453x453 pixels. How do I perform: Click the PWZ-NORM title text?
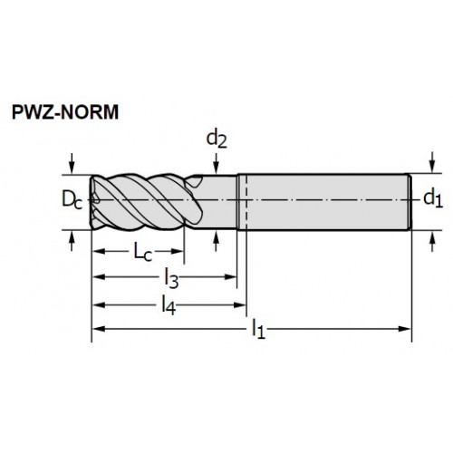pyautogui.click(x=65, y=112)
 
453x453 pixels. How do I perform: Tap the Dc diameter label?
pyautogui.click(x=72, y=199)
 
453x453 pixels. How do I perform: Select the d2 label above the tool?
pyautogui.click(x=217, y=140)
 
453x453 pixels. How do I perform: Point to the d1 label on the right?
pyautogui.click(x=433, y=198)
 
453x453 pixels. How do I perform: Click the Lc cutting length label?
pyautogui.click(x=142, y=252)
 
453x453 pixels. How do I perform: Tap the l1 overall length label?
pyautogui.click(x=258, y=330)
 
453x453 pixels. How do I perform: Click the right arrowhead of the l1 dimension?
pyautogui.click(x=405, y=329)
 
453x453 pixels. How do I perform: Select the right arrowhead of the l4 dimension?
pyautogui.click(x=240, y=305)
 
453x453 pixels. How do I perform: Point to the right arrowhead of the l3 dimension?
pyautogui.click(x=230, y=277)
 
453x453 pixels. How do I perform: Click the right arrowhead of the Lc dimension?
pyautogui.click(x=178, y=251)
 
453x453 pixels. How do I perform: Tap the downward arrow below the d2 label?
pyautogui.click(x=217, y=164)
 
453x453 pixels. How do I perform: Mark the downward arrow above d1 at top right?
pyautogui.click(x=432, y=162)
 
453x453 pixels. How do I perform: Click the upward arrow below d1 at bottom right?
pyautogui.click(x=432, y=241)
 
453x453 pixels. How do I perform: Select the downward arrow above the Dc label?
pyautogui.click(x=72, y=163)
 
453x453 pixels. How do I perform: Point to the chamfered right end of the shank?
pyautogui.click(x=410, y=202)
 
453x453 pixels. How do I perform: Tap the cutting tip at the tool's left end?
pyautogui.click(x=92, y=202)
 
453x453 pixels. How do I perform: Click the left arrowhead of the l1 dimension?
pyautogui.click(x=99, y=329)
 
